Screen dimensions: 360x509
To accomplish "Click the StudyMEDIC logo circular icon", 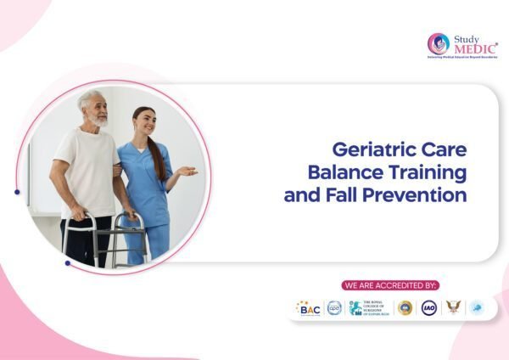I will (x=439, y=44).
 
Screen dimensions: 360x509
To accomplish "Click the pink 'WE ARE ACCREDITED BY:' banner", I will (x=390, y=285).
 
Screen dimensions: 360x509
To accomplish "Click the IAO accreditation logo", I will (x=429, y=308).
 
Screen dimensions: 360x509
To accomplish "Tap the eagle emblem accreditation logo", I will (x=453, y=307).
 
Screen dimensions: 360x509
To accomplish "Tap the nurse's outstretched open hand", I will (x=187, y=172).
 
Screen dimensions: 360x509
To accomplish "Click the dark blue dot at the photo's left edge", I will (x=17, y=192).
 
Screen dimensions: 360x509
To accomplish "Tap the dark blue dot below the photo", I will (x=67, y=263).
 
